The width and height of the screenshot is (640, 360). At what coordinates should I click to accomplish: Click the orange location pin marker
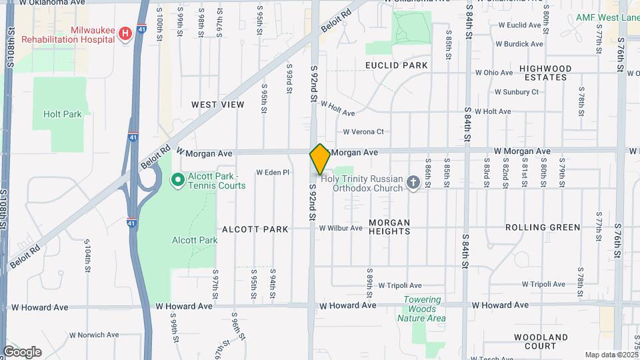(x=320, y=159)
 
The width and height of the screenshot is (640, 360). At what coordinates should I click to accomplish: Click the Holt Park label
(x=63, y=114)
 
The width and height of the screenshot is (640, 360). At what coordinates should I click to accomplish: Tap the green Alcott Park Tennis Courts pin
(x=177, y=179)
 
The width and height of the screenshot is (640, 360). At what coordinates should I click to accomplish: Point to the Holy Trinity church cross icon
(x=413, y=183)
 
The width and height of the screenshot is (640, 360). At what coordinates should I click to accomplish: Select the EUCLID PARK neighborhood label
(x=396, y=65)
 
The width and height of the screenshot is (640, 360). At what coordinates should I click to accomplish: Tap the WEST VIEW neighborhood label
(x=217, y=105)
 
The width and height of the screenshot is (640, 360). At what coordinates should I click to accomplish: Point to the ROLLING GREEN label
(x=543, y=227)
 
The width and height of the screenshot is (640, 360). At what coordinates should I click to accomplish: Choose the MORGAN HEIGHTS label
(x=389, y=227)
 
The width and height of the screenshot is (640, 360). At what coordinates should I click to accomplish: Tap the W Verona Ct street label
(x=363, y=131)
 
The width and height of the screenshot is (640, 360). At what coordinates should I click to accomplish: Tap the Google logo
(x=22, y=351)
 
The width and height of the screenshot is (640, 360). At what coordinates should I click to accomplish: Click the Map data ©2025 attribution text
(x=611, y=355)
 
